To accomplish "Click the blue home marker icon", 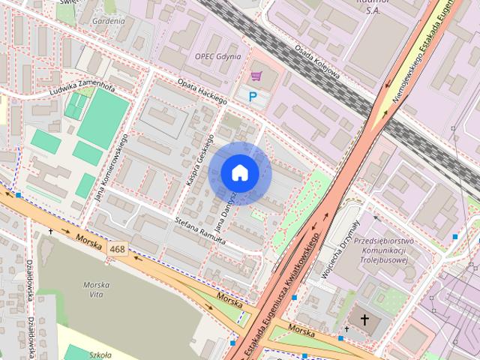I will pos(239,172).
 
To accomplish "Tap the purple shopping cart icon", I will pos(256,76).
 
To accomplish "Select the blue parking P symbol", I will pos(253,96).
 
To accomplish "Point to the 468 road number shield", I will pos(117,248).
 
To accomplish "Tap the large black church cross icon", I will pos(365,321).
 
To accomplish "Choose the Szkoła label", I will pos(99,355).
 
